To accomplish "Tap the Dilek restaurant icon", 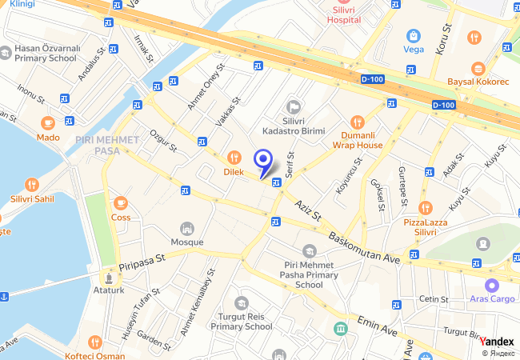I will point(234,158).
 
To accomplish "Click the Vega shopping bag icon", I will point(413,35).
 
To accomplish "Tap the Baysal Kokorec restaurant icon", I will point(478,68).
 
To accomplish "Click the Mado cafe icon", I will point(48,123).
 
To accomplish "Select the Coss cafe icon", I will point(121,203).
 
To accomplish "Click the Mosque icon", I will point(187,229).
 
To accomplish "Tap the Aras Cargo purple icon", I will point(491,285).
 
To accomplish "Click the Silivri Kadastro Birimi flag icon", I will point(293,106).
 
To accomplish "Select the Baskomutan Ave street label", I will point(364,248).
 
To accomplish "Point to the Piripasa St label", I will point(141,259).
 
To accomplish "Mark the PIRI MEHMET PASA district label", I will point(106,145).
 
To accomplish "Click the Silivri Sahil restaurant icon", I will point(31,185).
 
